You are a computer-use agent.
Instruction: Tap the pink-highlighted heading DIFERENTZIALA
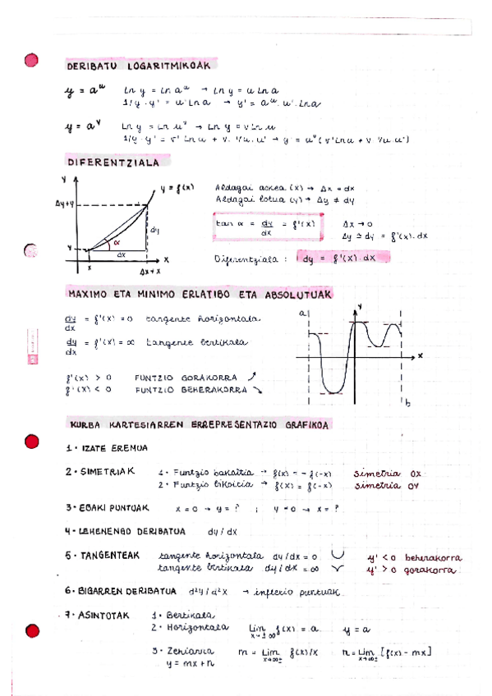(x=113, y=163)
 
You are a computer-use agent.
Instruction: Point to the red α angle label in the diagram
(x=117, y=243)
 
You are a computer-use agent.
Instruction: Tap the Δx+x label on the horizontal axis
(x=149, y=270)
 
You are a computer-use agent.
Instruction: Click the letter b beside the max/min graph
(x=407, y=404)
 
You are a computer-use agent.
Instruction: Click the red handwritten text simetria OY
(x=388, y=485)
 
